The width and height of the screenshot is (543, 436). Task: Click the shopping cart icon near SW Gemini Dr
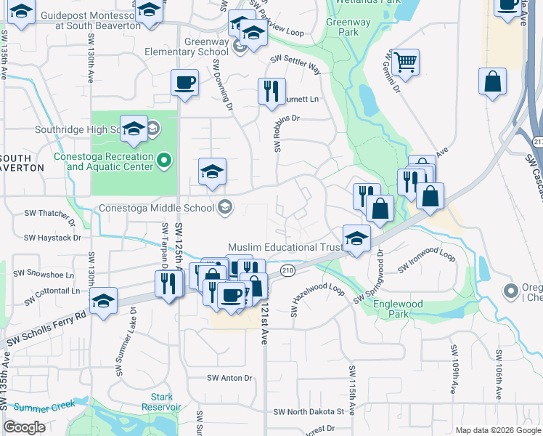407,60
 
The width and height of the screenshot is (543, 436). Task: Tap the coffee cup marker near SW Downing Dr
184,82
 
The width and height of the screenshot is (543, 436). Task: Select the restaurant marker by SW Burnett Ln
271,91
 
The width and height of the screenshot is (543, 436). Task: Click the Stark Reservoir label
162,402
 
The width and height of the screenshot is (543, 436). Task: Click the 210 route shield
288,271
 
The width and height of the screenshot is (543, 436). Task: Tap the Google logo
24,427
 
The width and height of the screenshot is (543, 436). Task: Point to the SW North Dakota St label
309,411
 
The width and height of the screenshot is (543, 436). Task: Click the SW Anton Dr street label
229,378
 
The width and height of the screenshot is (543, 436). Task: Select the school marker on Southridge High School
134,129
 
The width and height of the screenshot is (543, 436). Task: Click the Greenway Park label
342,27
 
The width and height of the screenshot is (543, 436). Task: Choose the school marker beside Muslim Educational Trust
356,238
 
